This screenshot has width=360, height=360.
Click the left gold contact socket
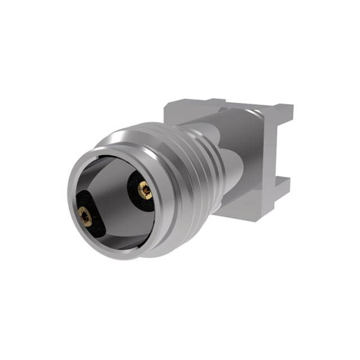point(85,216)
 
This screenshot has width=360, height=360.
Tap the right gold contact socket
point(145,191)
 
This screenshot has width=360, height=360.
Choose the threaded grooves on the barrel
point(194,169)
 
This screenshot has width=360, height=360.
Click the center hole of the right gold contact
point(145,191)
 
